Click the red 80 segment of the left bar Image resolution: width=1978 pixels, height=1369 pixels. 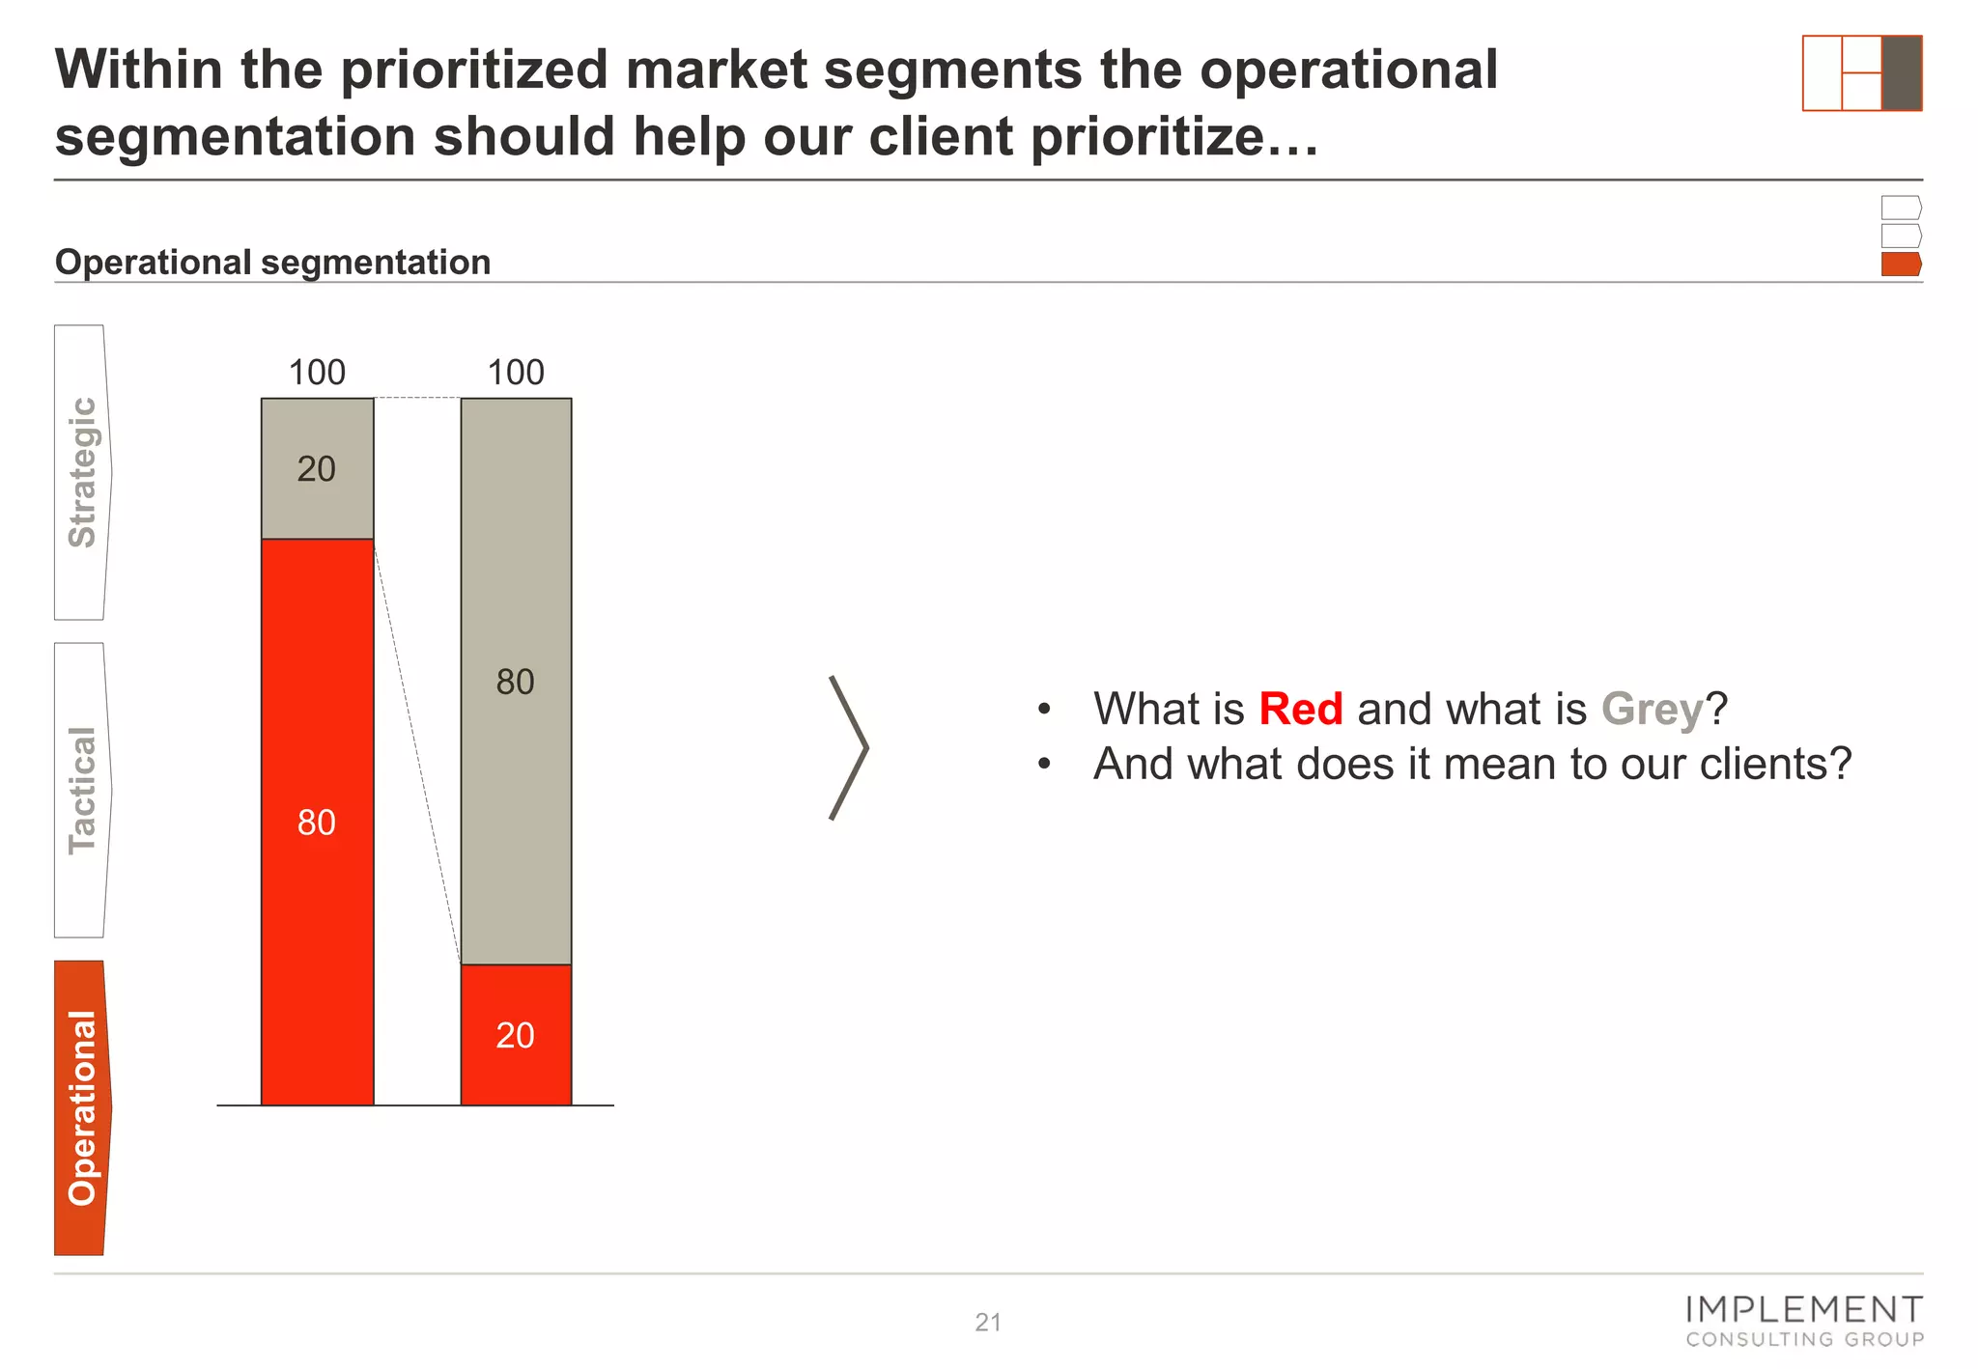click(317, 821)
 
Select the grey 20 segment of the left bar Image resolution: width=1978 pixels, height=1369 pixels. click(317, 468)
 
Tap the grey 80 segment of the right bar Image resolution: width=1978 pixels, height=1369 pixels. click(516, 681)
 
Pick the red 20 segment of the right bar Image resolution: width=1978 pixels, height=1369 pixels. click(516, 1035)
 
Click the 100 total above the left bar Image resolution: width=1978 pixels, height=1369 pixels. click(317, 372)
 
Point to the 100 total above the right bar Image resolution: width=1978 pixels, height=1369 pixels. click(516, 372)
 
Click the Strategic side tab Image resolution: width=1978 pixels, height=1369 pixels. click(82, 472)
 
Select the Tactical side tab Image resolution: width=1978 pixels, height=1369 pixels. click(82, 790)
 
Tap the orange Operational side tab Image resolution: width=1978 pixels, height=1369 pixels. click(82, 1107)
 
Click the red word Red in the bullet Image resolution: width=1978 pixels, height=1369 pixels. click(1300, 709)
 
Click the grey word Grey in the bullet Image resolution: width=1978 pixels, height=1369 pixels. click(1652, 709)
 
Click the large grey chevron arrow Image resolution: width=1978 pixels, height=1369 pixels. click(849, 747)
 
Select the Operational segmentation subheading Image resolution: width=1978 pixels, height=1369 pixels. click(272, 263)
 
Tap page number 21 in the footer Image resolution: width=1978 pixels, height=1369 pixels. click(988, 1322)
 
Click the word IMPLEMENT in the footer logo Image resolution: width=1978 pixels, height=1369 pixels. click(1803, 1310)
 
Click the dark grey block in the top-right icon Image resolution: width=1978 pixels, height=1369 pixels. click(1901, 73)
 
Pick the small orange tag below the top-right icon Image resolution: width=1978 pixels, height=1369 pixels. click(1900, 264)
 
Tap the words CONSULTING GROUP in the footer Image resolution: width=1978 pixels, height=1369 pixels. click(1804, 1339)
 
